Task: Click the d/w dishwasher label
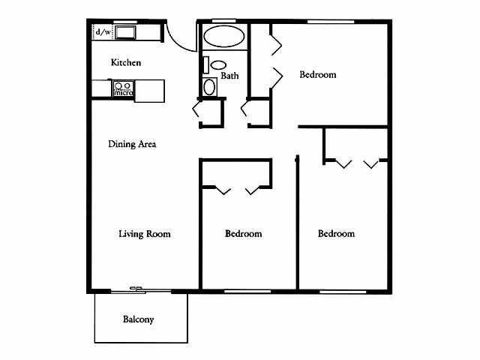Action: tap(103, 32)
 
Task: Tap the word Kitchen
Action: tap(126, 63)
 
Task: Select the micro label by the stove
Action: tap(123, 93)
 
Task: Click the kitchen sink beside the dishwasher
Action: tap(124, 32)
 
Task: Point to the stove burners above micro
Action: tap(123, 85)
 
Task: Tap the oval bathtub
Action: tap(223, 37)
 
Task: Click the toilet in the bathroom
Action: tap(218, 65)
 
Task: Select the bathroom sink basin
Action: tap(210, 86)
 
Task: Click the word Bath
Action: tap(229, 76)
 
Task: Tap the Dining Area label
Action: tap(131, 144)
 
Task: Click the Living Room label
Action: tap(145, 234)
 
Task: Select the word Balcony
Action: tap(138, 319)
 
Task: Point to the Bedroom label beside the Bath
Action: tap(318, 75)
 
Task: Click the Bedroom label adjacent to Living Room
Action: tap(244, 234)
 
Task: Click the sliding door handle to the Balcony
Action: tap(136, 289)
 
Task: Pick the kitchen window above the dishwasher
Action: tap(124, 22)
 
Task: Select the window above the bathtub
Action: tap(223, 21)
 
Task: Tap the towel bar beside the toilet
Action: tap(205, 64)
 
